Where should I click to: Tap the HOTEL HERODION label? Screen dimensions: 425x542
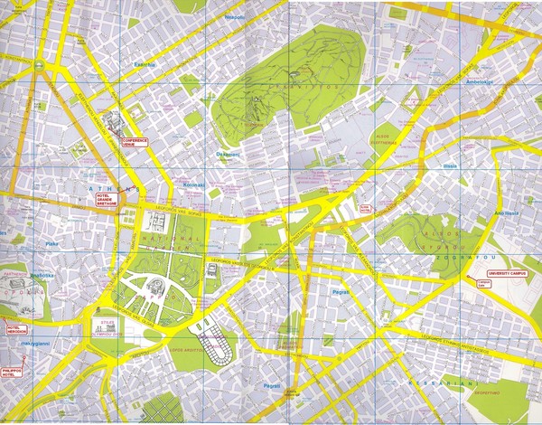click(x=16, y=328)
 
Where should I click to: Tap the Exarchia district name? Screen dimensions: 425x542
click(x=145, y=65)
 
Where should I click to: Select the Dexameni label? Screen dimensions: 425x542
click(x=228, y=154)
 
